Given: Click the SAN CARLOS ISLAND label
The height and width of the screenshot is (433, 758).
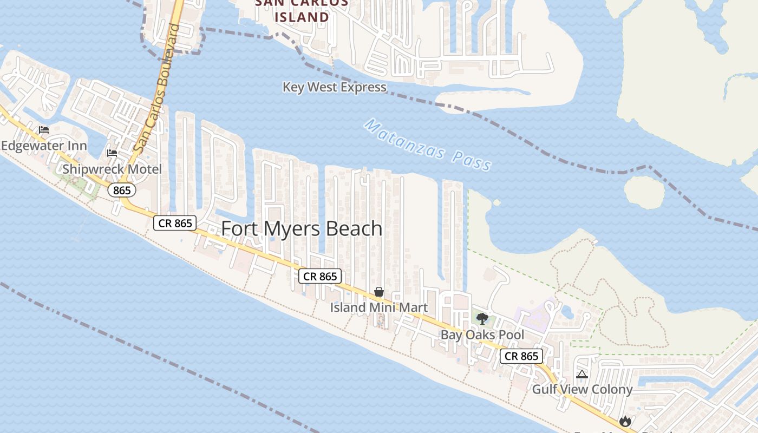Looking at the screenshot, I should [302, 11].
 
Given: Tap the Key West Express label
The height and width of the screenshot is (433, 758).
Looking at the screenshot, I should [335, 87].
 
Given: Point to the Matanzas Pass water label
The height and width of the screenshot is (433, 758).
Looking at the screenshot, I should [428, 145].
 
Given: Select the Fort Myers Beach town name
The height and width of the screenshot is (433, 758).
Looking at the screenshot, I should [302, 228].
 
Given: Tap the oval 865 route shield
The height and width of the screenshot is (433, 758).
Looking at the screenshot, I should [122, 190].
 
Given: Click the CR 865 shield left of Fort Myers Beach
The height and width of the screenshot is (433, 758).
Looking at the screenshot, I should [175, 223].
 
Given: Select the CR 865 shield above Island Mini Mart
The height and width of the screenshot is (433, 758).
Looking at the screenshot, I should [320, 276].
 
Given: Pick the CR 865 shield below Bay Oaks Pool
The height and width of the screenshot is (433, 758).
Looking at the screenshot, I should [521, 356].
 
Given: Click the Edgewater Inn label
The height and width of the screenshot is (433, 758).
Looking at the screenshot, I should [44, 146].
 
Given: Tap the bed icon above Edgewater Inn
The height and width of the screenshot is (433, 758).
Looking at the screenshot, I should [44, 130].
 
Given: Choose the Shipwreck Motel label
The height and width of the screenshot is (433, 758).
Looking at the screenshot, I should [112, 169].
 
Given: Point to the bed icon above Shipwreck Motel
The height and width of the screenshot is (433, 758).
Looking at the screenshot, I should [112, 153].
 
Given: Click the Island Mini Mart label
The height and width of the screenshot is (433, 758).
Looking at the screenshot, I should [379, 307].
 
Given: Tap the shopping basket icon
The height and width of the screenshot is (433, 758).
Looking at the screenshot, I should [379, 292].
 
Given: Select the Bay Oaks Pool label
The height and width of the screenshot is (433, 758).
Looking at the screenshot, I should [482, 334].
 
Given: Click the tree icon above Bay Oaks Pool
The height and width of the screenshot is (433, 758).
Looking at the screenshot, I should [482, 318].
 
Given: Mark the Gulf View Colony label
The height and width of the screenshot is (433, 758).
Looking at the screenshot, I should [582, 389].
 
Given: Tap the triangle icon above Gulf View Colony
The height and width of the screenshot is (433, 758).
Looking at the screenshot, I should [582, 374].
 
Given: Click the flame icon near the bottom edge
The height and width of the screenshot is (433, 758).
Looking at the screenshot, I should [625, 421].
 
